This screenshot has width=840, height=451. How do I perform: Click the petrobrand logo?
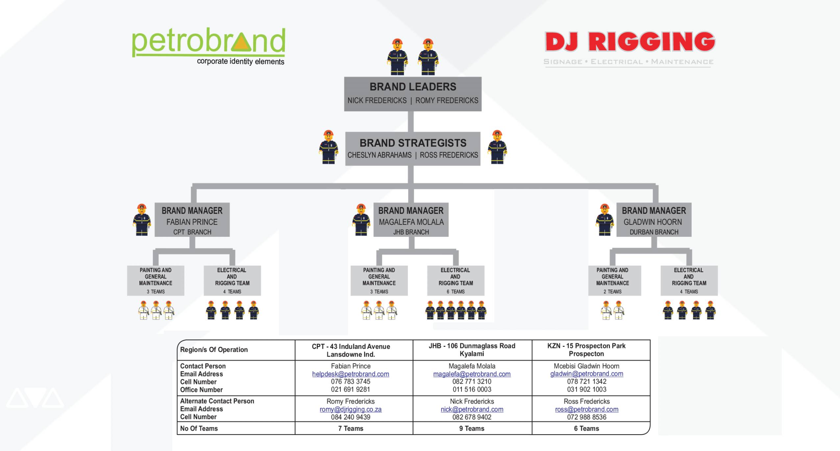click(x=208, y=46)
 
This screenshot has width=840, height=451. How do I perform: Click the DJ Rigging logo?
click(x=629, y=48)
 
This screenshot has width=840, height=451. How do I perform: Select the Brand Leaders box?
click(x=413, y=94)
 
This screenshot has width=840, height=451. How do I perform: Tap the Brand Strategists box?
click(x=413, y=148)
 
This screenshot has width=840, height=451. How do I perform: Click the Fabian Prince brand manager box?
click(x=192, y=220)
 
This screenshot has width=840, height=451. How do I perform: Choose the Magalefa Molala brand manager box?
click(x=411, y=220)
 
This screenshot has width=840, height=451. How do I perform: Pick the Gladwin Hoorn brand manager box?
click(x=654, y=220)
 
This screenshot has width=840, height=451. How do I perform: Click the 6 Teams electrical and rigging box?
click(x=456, y=280)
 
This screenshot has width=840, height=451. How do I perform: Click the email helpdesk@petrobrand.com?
click(x=351, y=374)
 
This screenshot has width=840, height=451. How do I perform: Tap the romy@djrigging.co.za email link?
click(x=351, y=409)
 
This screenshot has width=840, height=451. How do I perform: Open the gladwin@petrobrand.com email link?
click(x=586, y=374)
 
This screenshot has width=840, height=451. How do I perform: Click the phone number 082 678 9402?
click(x=472, y=417)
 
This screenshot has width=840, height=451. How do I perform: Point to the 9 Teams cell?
click(x=472, y=428)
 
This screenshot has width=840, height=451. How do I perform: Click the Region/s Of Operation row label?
click(x=214, y=350)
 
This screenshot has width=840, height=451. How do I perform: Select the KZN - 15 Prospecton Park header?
click(x=586, y=350)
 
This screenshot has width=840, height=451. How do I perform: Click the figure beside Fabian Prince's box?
click(x=142, y=220)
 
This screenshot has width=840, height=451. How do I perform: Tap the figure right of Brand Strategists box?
click(x=497, y=147)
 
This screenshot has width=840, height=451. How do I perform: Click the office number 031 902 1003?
click(x=586, y=390)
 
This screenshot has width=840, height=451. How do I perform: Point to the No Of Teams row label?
click(x=199, y=428)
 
